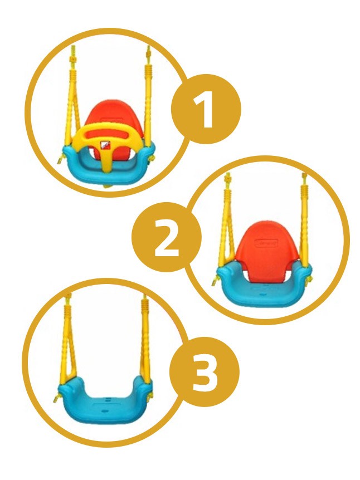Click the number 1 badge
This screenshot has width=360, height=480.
point(206,109)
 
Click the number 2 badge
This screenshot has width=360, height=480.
point(167,237)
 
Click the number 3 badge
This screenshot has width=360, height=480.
point(205,371)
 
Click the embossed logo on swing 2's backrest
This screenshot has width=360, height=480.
point(266,243)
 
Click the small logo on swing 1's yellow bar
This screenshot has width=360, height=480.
point(105,144)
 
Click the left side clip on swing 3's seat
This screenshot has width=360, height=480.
point(57,398)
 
